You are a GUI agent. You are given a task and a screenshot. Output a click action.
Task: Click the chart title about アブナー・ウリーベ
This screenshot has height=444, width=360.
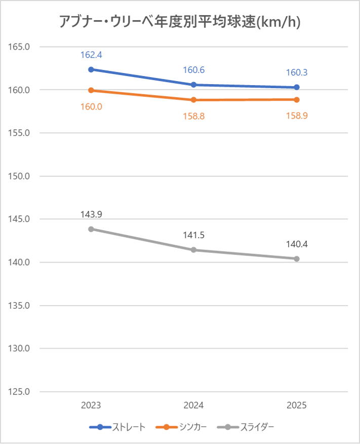coord(180,22)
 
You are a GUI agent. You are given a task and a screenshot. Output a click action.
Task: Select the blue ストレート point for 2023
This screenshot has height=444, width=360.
coord(91,69)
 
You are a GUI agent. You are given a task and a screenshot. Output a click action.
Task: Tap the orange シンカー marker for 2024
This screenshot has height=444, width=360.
coord(194,100)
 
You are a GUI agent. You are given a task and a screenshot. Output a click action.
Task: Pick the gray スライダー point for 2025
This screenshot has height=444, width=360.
coord(297,259)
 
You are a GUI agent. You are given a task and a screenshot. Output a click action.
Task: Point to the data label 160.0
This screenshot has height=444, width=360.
coord(91,106)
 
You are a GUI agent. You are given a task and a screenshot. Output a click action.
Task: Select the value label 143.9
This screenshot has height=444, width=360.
coord(91,214)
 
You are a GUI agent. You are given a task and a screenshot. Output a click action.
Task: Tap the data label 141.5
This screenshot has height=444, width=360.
coord(194,235)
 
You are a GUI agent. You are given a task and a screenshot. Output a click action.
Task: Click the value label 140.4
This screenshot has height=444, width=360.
coord(297,244)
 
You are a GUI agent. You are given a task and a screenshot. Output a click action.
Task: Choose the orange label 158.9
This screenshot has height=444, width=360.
coord(297,116)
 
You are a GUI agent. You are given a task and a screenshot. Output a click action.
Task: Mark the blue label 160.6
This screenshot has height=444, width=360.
coord(194,70)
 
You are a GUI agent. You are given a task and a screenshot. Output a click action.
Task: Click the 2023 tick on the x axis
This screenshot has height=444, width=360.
coord(91,405)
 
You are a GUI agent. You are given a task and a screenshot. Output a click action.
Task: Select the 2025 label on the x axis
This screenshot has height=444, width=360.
coord(297,405)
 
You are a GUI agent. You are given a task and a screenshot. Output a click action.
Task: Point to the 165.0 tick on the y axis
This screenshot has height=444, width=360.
coord(20,47)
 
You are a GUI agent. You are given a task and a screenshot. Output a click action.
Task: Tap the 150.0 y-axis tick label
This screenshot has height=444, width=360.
coord(20,176)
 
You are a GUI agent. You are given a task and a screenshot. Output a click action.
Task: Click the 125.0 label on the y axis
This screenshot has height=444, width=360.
coord(20,392)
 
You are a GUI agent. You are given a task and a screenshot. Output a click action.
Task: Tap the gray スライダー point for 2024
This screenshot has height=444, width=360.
coord(194,250)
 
